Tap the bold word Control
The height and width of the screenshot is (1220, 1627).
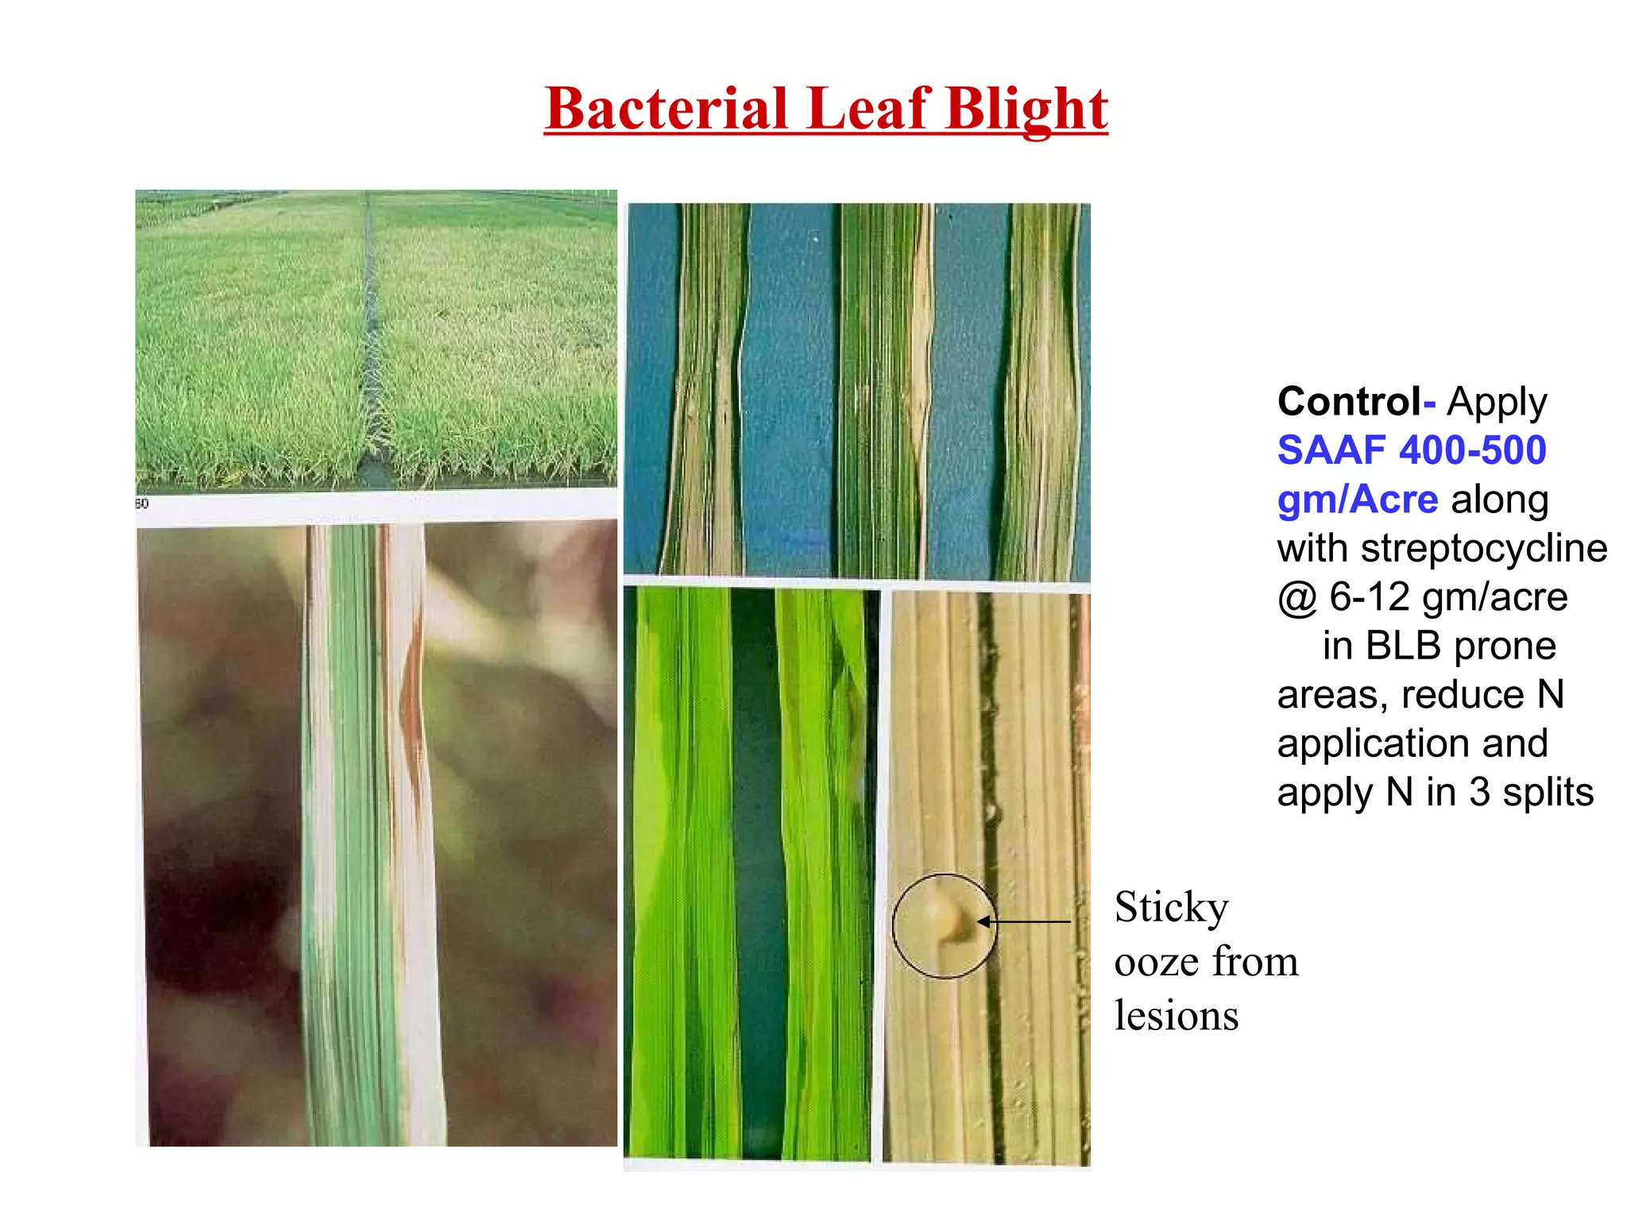(1349, 402)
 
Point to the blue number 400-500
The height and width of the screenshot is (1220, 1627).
(1473, 450)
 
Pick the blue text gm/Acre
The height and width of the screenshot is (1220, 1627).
(1357, 500)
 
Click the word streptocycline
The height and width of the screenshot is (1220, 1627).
(1483, 549)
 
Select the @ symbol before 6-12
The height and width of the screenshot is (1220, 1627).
(1297, 597)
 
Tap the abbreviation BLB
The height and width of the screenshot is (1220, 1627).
(1402, 646)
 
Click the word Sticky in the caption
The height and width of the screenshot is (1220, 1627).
(1171, 907)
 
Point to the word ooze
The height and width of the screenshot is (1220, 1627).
(1156, 962)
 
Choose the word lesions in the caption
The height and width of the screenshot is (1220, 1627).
(1176, 1016)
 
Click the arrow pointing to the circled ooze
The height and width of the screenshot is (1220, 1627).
(1025, 922)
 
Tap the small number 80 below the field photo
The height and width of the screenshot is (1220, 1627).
(141, 504)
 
